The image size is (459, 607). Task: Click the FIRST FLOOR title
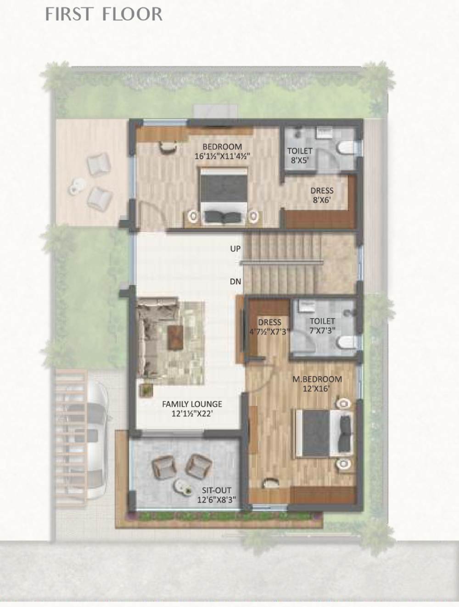pyautogui.click(x=104, y=14)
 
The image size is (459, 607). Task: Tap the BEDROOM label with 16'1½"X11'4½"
pyautogui.click(x=222, y=151)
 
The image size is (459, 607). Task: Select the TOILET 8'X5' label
pyautogui.click(x=300, y=155)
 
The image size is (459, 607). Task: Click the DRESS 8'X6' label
pyautogui.click(x=322, y=195)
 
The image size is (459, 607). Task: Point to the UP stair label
pyautogui.click(x=235, y=248)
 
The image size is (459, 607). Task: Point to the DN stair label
pyautogui.click(x=235, y=281)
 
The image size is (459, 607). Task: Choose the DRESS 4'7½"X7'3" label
pyautogui.click(x=269, y=326)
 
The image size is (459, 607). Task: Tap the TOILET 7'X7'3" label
pyautogui.click(x=322, y=326)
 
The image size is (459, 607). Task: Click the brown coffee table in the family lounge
pyautogui.click(x=175, y=337)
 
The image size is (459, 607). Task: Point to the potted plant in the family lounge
pyautogui.click(x=146, y=390)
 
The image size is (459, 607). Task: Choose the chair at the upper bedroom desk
pyautogui.click(x=168, y=146)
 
